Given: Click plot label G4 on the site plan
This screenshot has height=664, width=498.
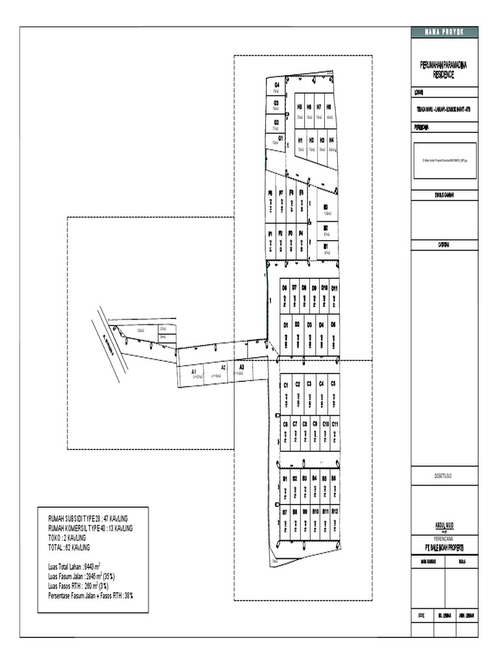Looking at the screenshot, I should tap(277, 85).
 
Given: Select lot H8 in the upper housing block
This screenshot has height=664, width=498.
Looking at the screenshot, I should tap(329, 107).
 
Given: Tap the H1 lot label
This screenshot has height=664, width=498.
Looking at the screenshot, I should tap(300, 140).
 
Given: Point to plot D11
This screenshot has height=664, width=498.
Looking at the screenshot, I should tap(335, 287).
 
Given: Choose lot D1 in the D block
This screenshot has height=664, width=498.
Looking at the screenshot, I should tap(285, 325).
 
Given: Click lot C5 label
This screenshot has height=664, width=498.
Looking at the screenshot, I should tap(333, 385).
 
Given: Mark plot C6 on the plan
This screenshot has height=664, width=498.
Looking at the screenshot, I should tap(285, 424).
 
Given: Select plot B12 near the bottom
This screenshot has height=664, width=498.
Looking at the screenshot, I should tap(335, 512).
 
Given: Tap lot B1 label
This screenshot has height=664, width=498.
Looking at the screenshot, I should tap(285, 479).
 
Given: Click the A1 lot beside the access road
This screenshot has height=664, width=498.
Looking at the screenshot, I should tap(193, 372).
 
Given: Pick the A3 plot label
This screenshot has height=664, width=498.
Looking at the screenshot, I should tap(241, 367).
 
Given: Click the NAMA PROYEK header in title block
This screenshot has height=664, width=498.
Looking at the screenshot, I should tap(444, 32).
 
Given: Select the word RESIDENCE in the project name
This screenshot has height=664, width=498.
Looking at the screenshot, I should tap(444, 75).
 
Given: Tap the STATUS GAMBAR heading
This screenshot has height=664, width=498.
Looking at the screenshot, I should tap(444, 195).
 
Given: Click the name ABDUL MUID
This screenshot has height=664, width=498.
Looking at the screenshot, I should tap(444, 525).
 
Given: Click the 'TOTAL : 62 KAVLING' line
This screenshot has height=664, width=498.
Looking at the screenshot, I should tap(69, 547).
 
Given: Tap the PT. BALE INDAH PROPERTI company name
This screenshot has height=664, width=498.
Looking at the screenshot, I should tap(444, 547).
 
